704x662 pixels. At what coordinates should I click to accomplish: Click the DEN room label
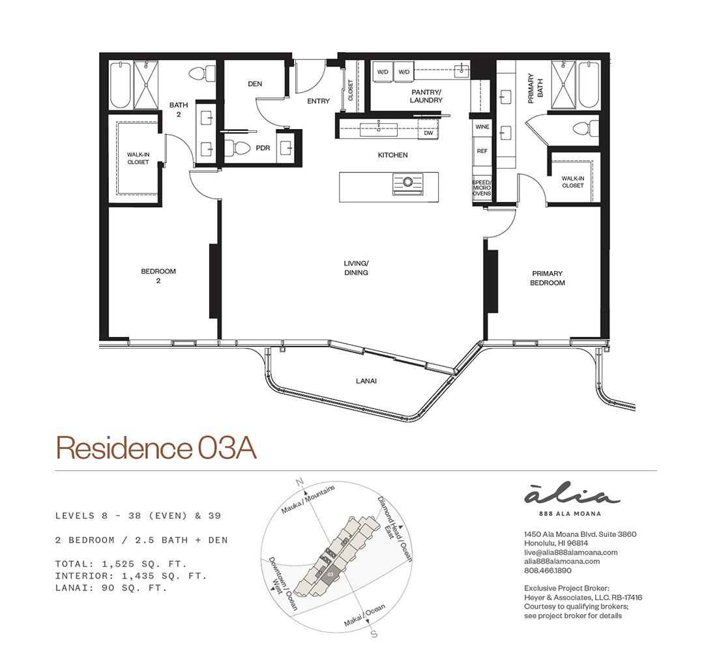tap(255, 84)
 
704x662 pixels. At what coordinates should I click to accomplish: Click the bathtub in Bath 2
tap(121, 85)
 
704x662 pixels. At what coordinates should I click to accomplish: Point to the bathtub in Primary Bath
tap(589, 85)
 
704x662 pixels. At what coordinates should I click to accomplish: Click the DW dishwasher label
tap(428, 133)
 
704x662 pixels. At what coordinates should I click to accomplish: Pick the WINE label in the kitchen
tap(482, 126)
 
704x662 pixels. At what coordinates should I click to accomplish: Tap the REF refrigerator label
tap(482, 151)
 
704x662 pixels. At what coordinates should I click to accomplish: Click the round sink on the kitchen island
tap(407, 182)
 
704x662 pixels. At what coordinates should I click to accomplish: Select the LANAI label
tap(366, 381)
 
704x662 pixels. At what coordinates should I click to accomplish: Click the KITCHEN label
tap(393, 155)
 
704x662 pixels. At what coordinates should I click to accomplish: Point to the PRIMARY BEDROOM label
tap(548, 278)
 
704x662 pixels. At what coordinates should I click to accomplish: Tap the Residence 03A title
tap(156, 448)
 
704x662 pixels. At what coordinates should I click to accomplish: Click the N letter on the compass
tap(299, 482)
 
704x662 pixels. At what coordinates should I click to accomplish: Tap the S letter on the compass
tap(374, 634)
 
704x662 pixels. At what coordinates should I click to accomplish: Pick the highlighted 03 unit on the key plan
tap(330, 574)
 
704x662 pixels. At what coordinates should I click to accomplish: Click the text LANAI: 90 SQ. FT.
tap(111, 588)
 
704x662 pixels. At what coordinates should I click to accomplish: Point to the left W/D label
tap(383, 72)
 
